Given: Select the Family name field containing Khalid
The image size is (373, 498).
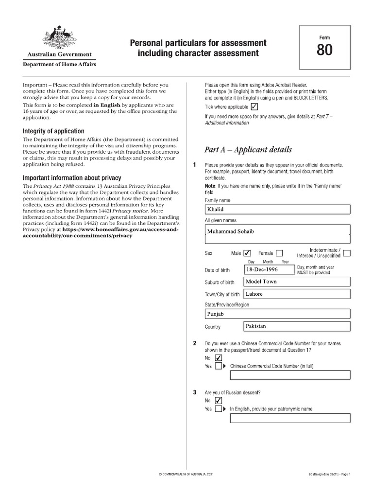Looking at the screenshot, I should point(277,210).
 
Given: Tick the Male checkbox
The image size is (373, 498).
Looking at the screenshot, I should point(247,253).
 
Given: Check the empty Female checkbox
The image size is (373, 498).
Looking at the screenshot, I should point(279,253).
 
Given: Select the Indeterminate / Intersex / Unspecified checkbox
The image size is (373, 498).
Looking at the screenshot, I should point(346,252).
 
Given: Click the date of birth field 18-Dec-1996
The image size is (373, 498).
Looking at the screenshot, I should point(269,269).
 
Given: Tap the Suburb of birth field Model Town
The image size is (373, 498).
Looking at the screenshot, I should point(296,282).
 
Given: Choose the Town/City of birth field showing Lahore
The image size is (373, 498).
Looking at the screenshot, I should point(296,294).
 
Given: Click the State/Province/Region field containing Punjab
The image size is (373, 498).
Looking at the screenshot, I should point(277,314).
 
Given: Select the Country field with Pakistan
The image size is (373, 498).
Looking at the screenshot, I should point(296,326).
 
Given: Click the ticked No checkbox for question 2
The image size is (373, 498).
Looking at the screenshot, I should point(218,358).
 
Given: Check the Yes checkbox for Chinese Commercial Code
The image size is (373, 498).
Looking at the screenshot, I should point(218,366).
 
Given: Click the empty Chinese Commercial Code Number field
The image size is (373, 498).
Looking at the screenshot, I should point(290,375).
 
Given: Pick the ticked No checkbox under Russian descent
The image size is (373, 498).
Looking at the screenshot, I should point(218,401).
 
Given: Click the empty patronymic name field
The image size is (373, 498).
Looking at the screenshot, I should point(290,418).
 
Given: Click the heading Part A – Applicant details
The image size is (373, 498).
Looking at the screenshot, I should point(248,149).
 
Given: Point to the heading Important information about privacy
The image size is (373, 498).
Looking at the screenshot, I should point(72,178).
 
